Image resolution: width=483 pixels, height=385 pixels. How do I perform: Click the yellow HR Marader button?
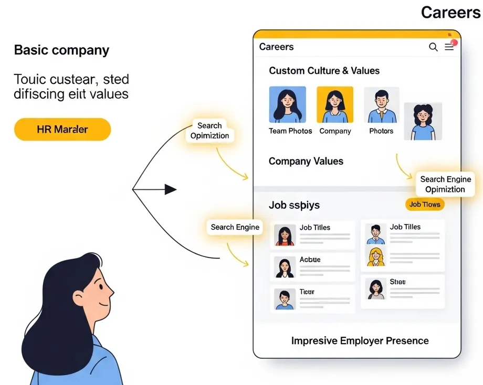[62, 129]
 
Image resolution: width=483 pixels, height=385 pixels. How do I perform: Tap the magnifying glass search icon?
[433, 47]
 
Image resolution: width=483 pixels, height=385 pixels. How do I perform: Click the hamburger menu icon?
[449, 47]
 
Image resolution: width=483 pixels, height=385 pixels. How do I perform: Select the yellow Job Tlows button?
[425, 204]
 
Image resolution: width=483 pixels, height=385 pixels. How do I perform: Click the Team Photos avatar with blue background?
[287, 105]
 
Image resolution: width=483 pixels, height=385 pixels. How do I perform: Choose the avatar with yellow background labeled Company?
[335, 105]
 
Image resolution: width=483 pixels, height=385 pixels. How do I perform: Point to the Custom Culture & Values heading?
[324, 71]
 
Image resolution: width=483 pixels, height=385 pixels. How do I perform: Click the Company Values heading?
[306, 162]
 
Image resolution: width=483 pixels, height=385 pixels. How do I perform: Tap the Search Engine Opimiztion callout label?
[445, 184]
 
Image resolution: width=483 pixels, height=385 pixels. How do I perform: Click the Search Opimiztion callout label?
[209, 131]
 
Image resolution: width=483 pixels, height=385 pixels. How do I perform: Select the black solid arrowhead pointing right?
[171, 189]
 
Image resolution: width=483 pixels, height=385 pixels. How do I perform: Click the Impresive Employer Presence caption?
[360, 341]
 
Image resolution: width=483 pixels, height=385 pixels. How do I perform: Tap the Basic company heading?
[61, 50]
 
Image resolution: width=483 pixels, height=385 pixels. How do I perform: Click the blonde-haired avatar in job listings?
[376, 257]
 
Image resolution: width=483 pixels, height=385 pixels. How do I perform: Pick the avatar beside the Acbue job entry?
[285, 267]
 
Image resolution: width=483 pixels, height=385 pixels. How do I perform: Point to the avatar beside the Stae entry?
[376, 289]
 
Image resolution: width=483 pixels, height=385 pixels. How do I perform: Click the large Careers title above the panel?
[451, 13]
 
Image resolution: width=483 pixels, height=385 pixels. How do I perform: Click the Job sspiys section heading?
[294, 205]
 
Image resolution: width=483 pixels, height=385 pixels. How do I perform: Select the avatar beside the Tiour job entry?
[285, 299]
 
